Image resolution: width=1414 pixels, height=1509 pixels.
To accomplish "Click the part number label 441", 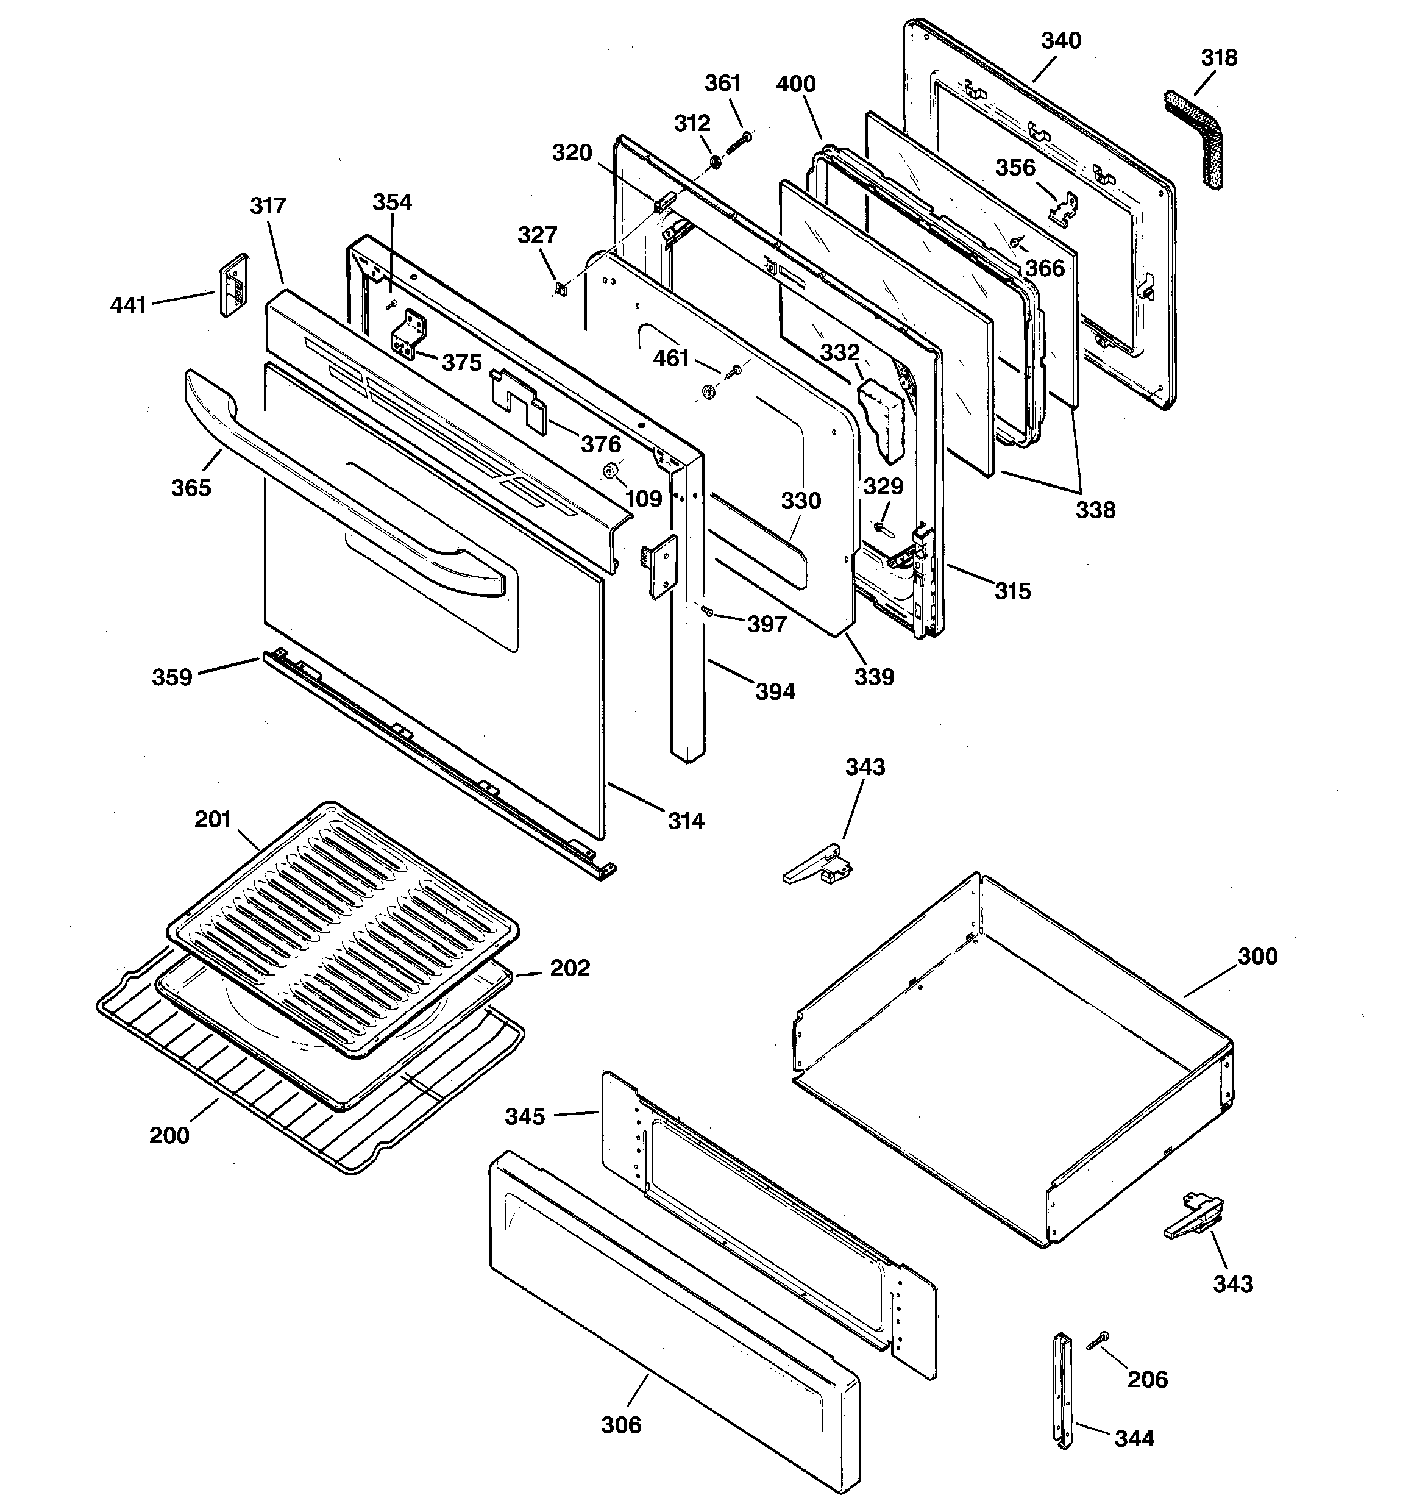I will (x=127, y=305).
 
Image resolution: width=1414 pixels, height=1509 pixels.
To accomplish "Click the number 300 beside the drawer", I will (x=1257, y=957).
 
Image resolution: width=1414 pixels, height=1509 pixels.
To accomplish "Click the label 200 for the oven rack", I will (x=168, y=1135).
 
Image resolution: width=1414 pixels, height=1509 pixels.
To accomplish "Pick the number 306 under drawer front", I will (x=621, y=1425).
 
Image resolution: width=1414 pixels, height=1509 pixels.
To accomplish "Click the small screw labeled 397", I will (x=706, y=610).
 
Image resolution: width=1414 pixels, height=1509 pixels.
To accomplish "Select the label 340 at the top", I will (x=1060, y=40).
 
